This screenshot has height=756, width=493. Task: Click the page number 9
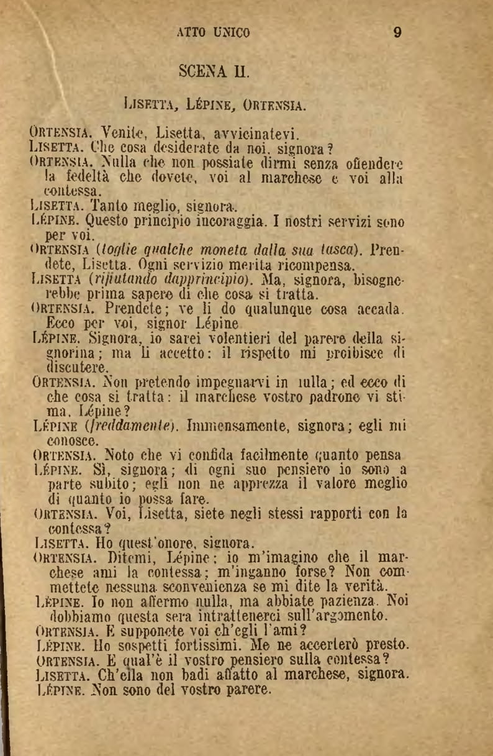click(398, 33)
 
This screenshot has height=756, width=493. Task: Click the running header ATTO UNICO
click(214, 33)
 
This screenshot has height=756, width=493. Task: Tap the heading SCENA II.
click(214, 70)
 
